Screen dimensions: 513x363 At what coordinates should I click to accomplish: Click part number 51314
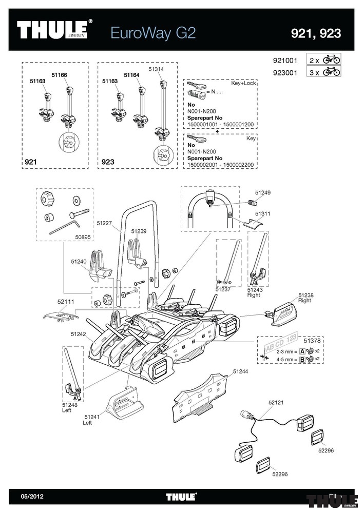tap(156, 68)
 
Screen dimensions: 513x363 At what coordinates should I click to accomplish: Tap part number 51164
tap(131, 75)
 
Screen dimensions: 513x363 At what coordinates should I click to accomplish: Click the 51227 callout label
tap(104, 223)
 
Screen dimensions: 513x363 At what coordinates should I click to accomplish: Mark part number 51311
tap(263, 213)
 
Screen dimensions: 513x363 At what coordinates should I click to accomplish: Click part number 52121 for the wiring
tap(276, 403)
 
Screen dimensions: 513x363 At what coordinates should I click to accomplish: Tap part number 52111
tap(59, 302)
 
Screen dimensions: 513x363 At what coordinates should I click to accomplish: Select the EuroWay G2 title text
tap(153, 33)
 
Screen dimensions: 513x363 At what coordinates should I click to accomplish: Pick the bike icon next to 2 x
tap(332, 60)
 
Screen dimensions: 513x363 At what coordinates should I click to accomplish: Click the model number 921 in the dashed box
tap(31, 163)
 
